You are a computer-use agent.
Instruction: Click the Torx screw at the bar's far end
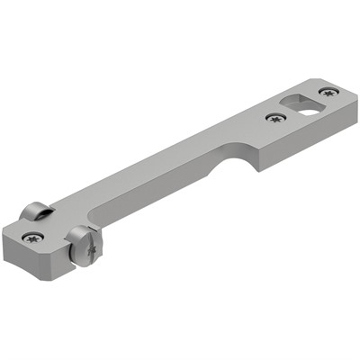tap(328, 91)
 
